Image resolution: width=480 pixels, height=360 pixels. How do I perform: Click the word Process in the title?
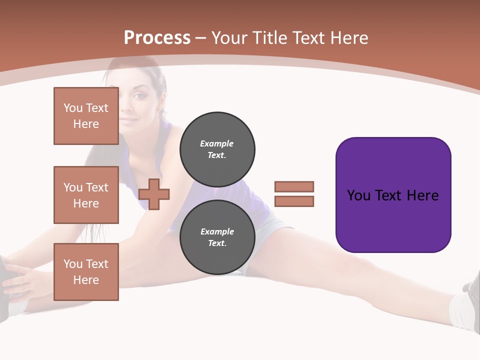[x=157, y=38]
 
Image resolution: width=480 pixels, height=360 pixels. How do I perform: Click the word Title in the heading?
[x=267, y=38]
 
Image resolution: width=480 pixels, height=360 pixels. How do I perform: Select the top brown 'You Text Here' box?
[x=86, y=116]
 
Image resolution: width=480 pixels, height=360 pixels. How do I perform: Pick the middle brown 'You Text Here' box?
[x=86, y=195]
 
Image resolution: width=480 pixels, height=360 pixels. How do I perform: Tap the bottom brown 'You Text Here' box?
[x=86, y=272]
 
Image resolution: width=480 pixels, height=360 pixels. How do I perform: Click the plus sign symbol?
[x=154, y=194]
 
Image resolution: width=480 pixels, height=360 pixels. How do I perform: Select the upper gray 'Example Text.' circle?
[x=217, y=149]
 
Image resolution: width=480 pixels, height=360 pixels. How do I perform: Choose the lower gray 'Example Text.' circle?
[x=217, y=237]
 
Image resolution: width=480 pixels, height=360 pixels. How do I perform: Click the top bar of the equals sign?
[x=294, y=186]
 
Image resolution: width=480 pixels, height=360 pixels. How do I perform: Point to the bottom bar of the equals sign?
[x=294, y=201]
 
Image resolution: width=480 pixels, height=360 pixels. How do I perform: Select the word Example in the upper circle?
[x=217, y=143]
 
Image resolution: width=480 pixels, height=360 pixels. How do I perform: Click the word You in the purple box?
[x=359, y=195]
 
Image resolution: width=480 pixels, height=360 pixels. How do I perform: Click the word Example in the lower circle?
[x=217, y=231]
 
